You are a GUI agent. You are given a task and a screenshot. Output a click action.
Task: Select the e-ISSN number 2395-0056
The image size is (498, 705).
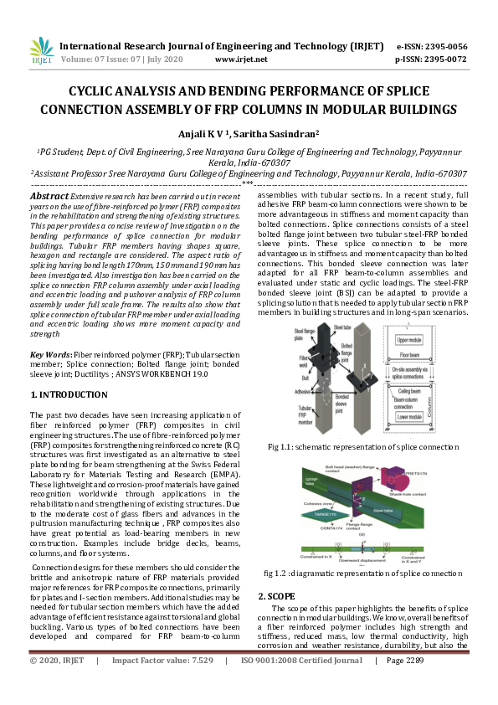[x=444, y=47]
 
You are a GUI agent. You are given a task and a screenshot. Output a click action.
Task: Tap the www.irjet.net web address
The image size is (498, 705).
[x=241, y=60]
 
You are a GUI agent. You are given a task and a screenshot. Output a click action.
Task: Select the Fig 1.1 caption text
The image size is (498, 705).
[x=363, y=447]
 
